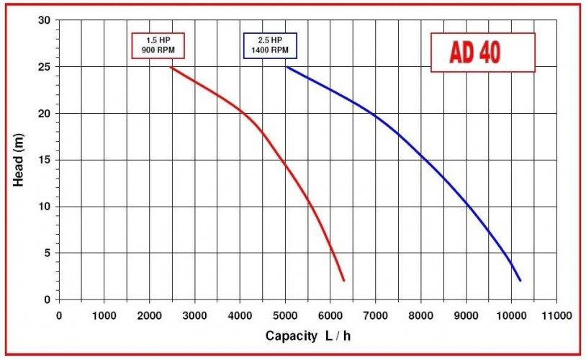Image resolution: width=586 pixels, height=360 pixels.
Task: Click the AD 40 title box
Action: (x=483, y=52)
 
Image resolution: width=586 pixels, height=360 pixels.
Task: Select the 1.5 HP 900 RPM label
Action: (x=158, y=45)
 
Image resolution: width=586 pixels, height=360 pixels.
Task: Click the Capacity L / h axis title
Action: (x=309, y=336)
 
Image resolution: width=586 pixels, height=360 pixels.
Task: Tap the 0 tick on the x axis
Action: (x=58, y=315)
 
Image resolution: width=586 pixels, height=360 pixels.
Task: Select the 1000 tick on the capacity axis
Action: (x=104, y=315)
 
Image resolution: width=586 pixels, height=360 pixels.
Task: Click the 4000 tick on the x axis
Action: (x=240, y=315)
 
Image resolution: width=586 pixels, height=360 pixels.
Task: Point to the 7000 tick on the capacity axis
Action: (x=376, y=315)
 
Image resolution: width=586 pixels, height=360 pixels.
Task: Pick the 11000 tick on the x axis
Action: (x=556, y=315)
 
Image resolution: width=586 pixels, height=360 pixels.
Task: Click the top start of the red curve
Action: (x=171, y=67)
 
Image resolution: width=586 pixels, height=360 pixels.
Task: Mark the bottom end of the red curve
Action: (x=344, y=280)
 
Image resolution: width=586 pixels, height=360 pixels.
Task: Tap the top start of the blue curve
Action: (x=286, y=67)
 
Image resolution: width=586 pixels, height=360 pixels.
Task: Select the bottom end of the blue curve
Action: (x=520, y=280)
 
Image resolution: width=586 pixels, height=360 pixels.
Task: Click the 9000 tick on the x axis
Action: (x=466, y=315)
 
